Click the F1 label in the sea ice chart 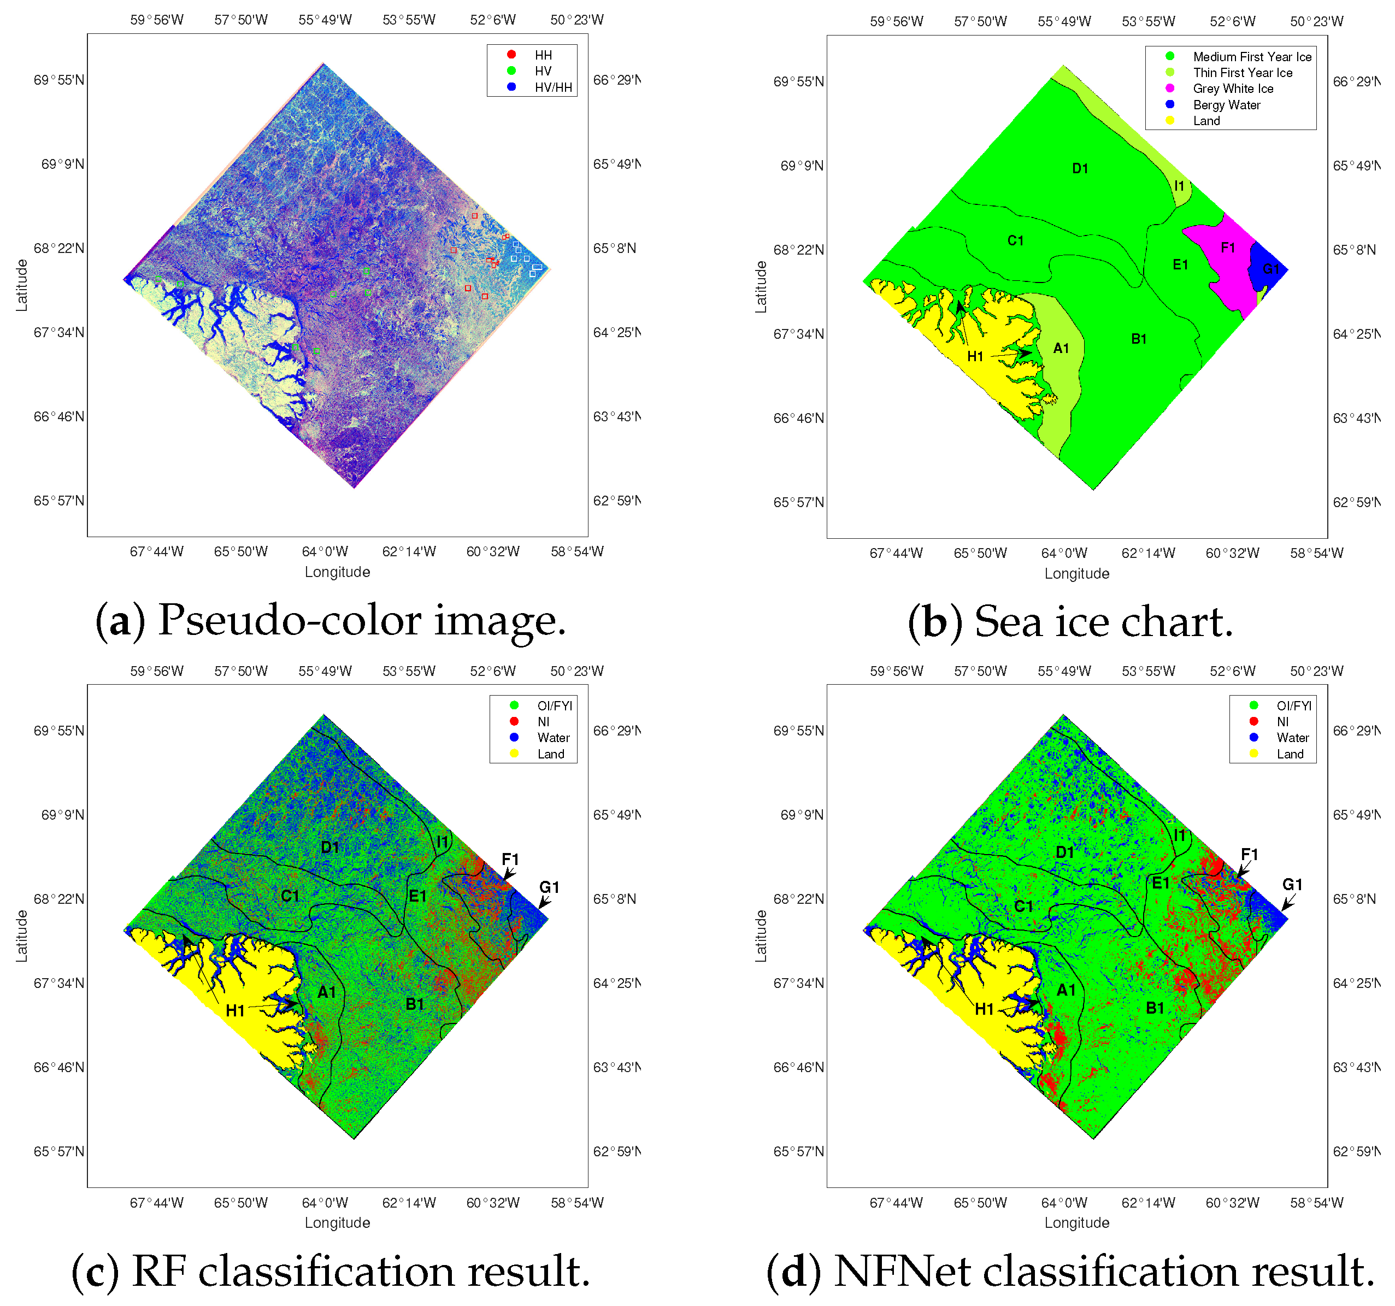coord(1227,247)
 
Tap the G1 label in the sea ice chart coord(1270,269)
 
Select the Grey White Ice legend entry coord(1232,89)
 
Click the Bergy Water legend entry coord(1226,104)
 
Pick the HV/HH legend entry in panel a coord(553,87)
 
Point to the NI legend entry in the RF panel coord(543,721)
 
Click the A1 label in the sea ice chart coord(1061,348)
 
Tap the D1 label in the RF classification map coord(330,847)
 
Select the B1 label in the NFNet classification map coord(1155,1008)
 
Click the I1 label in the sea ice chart coord(1179,186)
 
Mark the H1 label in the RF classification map coord(235,1010)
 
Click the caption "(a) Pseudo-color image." coord(331,620)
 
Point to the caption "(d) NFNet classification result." coord(1069,1271)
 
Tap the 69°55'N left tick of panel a coord(59,80)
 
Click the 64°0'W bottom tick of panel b coord(1064,553)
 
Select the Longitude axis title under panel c coord(337,1222)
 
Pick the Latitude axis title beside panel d coord(761,936)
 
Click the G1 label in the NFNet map coord(1292,884)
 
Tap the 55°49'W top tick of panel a coord(325,20)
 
